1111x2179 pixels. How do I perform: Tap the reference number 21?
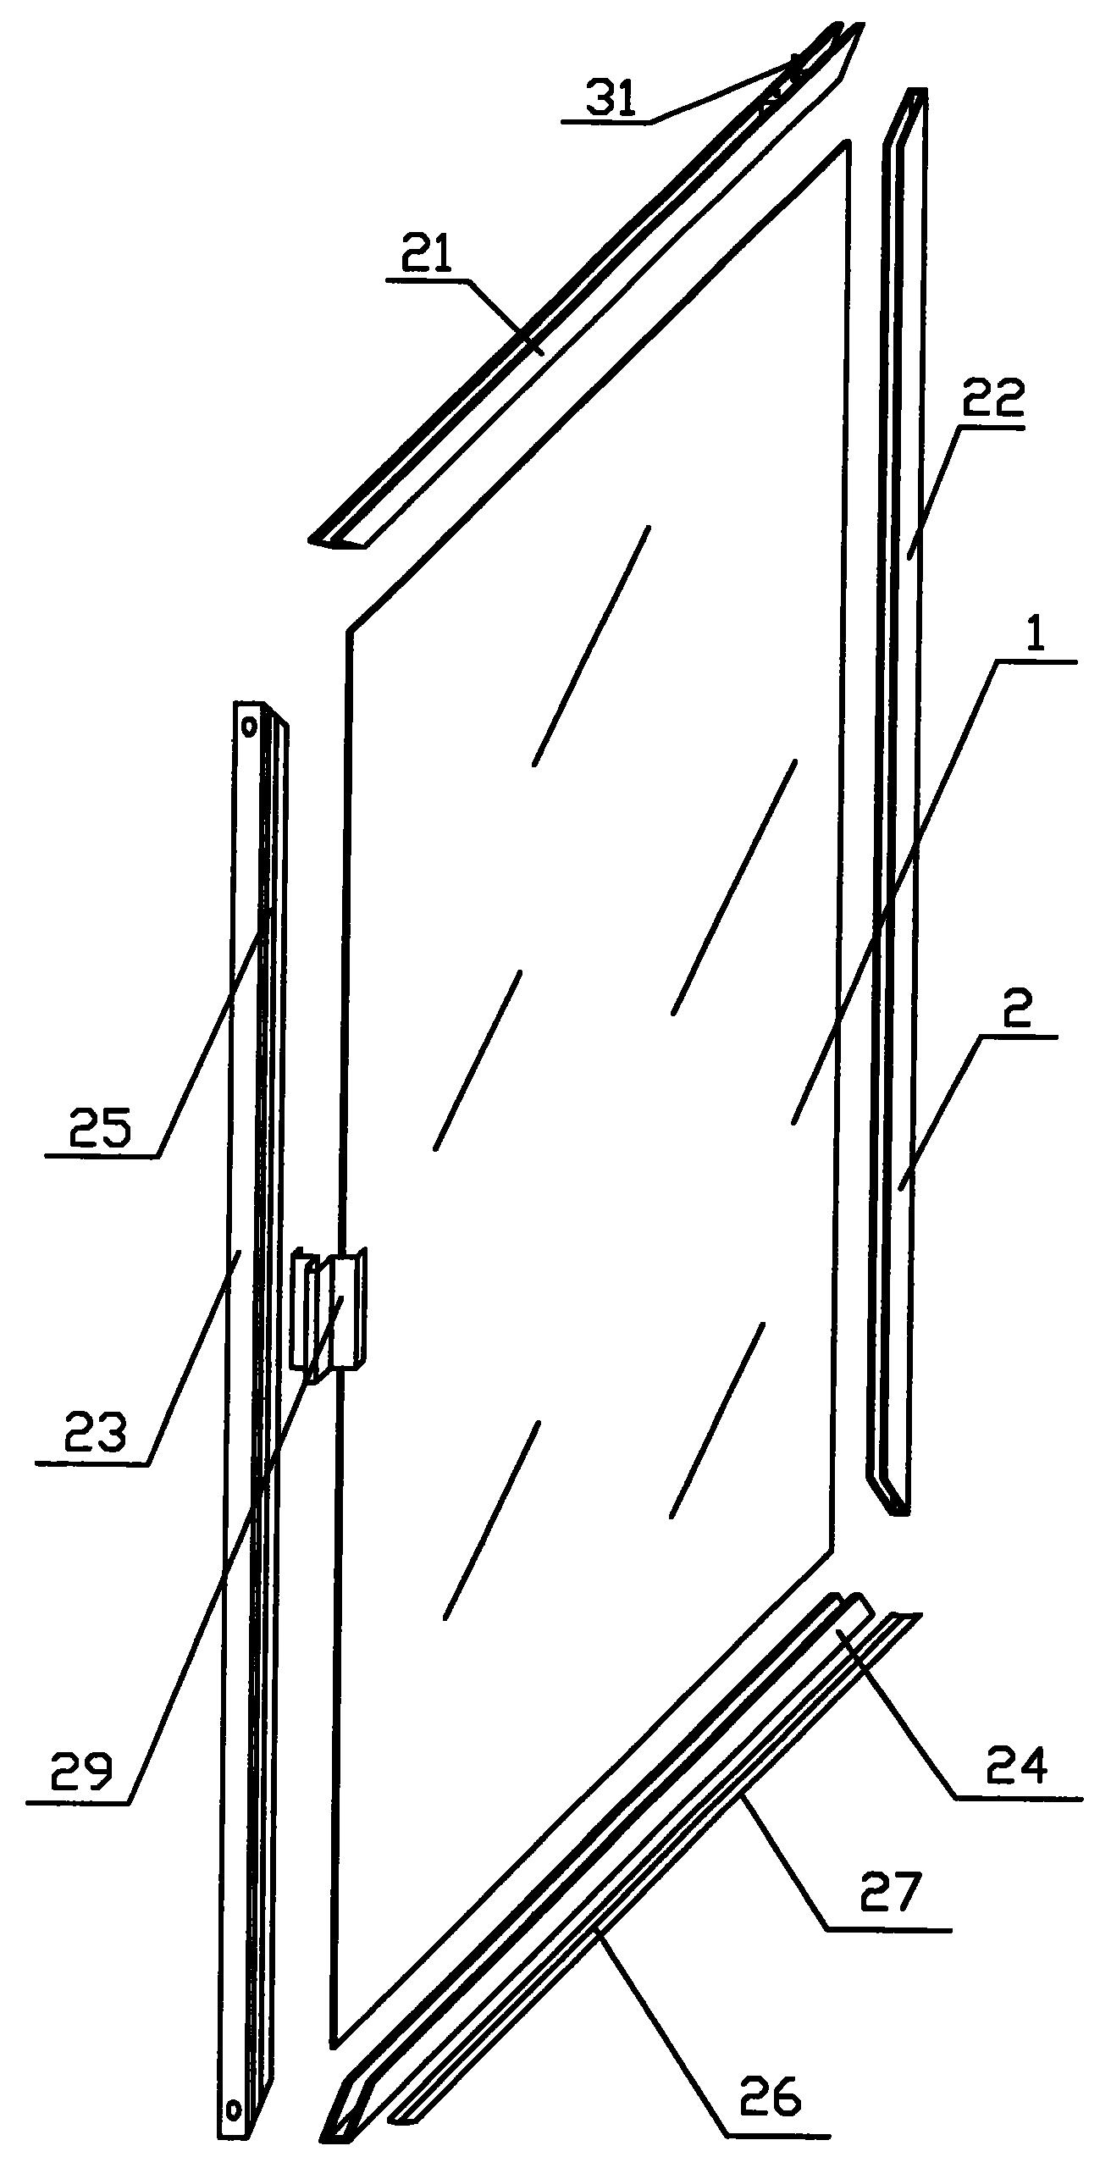point(428,255)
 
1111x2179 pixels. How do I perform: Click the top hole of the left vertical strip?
point(249,725)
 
